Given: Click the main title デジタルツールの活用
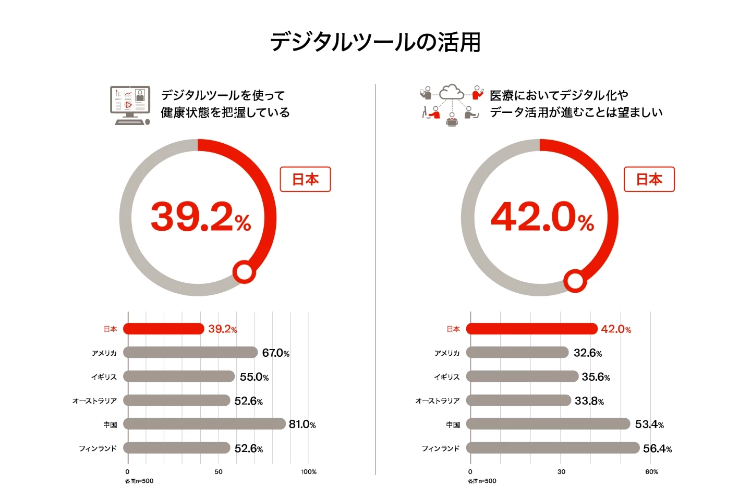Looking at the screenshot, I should [x=375, y=42].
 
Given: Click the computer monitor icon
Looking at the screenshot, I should [x=130, y=105].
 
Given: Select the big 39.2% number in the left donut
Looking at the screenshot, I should [x=201, y=217].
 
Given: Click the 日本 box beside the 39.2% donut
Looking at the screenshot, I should [x=305, y=179].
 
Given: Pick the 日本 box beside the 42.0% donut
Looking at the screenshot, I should [x=649, y=179].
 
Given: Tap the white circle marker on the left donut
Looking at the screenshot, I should [x=244, y=271].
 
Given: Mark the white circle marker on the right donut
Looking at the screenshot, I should [x=575, y=281].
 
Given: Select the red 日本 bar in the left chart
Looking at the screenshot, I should [x=164, y=329].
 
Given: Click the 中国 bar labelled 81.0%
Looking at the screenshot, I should [x=204, y=424].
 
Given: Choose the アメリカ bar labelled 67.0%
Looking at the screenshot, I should [x=190, y=353].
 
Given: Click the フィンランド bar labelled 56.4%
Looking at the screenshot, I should [x=553, y=448].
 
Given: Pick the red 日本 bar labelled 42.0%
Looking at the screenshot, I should [x=531, y=329].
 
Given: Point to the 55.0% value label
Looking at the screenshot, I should [x=254, y=377].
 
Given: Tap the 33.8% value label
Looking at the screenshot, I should [x=589, y=401].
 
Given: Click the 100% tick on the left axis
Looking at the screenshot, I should [x=309, y=472].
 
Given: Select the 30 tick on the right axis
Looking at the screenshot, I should [x=561, y=472].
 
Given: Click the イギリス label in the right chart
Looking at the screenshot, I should [x=447, y=377].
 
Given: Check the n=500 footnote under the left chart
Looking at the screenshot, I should [x=139, y=481].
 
